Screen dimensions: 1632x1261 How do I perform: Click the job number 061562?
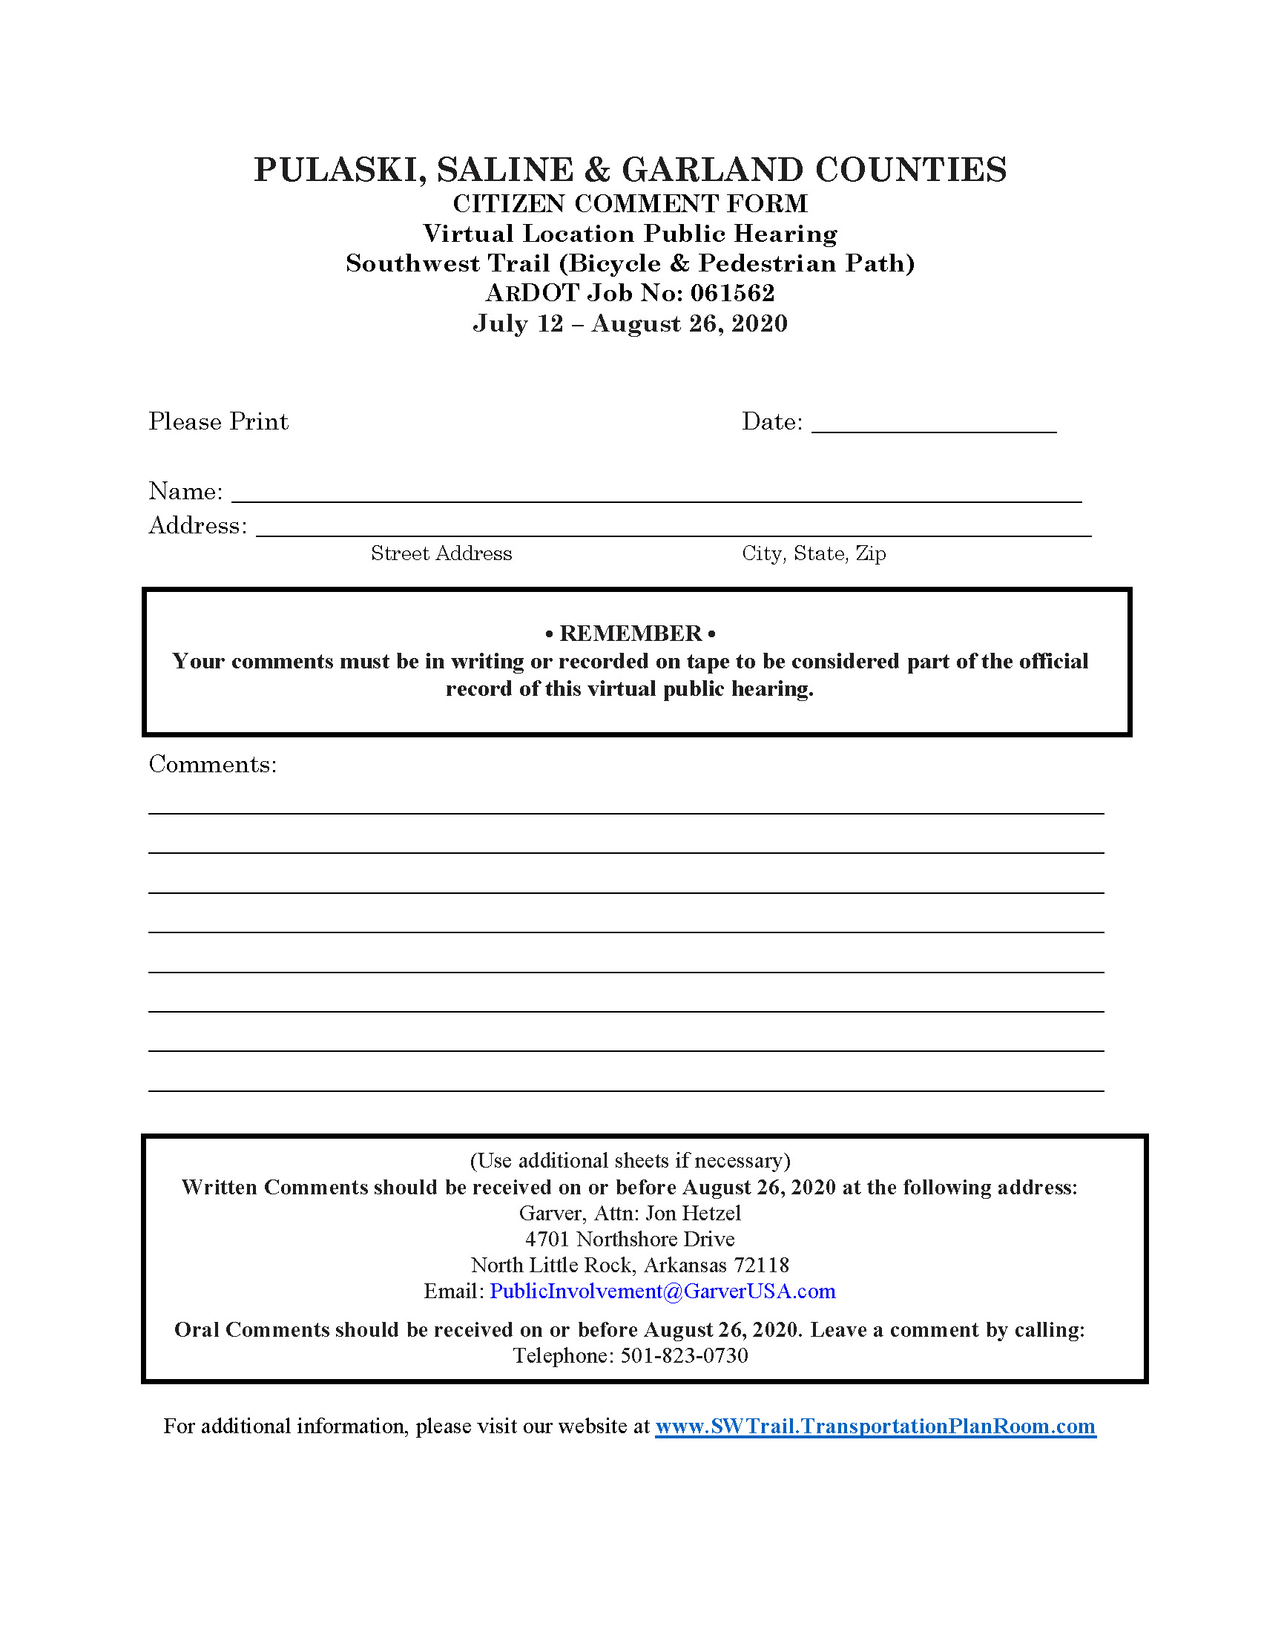point(732,293)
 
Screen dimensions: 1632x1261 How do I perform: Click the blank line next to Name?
point(656,493)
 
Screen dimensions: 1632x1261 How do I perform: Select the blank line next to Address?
point(673,527)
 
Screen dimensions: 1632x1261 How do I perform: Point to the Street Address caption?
point(441,553)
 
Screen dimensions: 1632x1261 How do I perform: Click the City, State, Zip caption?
point(814,553)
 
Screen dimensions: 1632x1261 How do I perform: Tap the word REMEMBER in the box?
point(630,634)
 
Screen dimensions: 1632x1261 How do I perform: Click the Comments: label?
point(213,764)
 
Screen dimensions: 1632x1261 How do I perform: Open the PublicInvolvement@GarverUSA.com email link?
point(662,1292)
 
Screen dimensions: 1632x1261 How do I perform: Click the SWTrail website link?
point(875,1427)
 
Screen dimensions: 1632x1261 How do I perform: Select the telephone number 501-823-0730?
point(684,1356)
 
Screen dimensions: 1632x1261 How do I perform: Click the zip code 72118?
point(761,1265)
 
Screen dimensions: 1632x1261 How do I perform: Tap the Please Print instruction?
point(218,422)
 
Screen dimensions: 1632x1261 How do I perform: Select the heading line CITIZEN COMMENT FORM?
point(630,204)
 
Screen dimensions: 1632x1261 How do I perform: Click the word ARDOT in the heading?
point(532,293)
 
